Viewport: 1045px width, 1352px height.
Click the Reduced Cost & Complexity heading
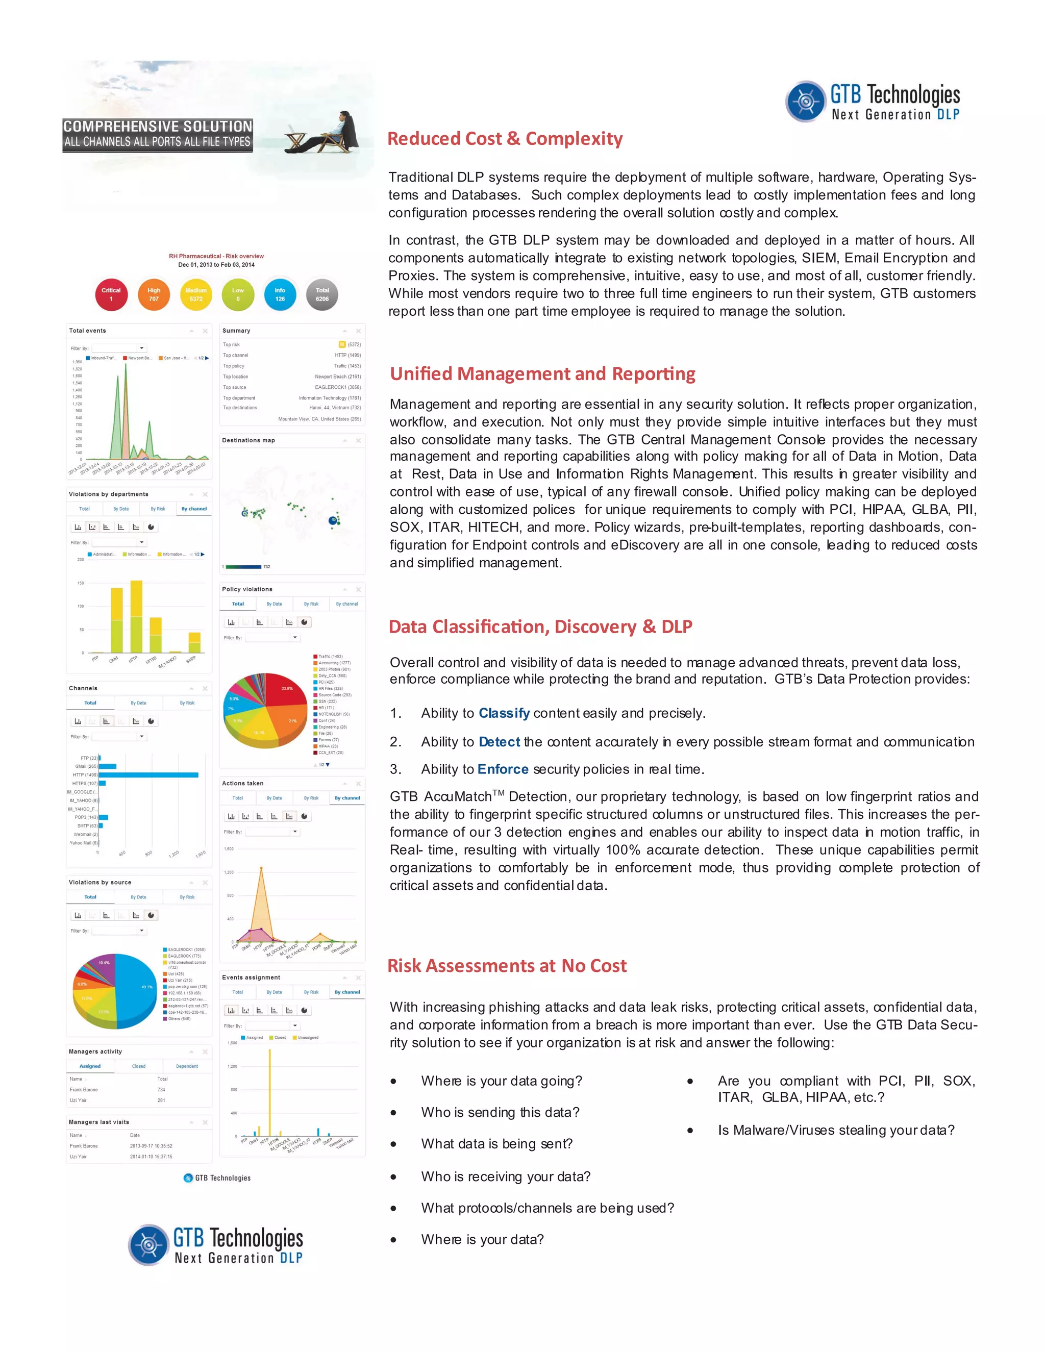pos(505,139)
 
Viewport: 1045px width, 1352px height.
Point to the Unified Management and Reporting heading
pos(542,374)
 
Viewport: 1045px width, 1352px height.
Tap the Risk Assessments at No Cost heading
pos(506,966)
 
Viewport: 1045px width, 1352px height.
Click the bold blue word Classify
pos(504,713)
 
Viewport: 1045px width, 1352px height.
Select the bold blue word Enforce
pos(503,769)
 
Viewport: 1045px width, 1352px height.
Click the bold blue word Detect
pos(499,742)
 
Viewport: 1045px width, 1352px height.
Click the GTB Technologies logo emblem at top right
pos(805,101)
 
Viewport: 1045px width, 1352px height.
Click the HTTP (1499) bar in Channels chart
pos(148,775)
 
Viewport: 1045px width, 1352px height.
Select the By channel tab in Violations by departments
pos(194,509)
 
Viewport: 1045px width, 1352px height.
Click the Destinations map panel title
pos(248,440)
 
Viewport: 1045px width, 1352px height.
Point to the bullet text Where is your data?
pos(482,1239)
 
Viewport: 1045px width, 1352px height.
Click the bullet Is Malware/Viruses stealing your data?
pos(836,1130)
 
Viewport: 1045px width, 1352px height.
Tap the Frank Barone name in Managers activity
pos(84,1090)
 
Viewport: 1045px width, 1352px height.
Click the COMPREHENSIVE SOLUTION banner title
pos(158,127)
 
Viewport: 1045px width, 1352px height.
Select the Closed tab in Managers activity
pos(139,1066)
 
